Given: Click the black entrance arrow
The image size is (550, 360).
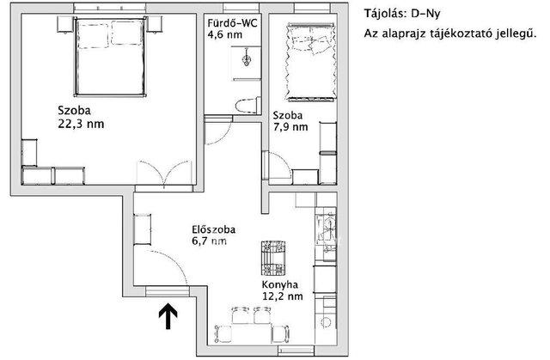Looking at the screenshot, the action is point(168,316).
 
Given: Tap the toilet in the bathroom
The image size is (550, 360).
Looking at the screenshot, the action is point(248,105).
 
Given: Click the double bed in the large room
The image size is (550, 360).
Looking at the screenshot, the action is point(110,56).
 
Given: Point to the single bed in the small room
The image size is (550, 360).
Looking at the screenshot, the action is point(309,62).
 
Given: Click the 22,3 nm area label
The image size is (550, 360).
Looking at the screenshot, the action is point(81,124).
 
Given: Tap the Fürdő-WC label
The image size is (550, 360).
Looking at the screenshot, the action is point(232,23).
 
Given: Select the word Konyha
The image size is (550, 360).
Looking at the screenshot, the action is point(280,284).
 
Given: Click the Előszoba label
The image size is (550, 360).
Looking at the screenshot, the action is point(214,229).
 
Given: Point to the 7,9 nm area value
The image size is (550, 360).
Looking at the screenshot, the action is point(290,127).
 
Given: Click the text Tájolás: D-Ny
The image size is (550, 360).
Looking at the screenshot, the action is point(401,14).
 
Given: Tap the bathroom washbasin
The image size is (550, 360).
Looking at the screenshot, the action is point(247,59).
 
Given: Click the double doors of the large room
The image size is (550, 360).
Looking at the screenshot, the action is point(164,173).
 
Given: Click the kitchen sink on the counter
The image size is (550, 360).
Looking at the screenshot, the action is point(327,231).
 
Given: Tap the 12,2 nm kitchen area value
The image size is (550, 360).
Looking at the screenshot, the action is point(283,296).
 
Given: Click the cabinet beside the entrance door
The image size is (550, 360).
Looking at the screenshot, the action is point(143,229).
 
